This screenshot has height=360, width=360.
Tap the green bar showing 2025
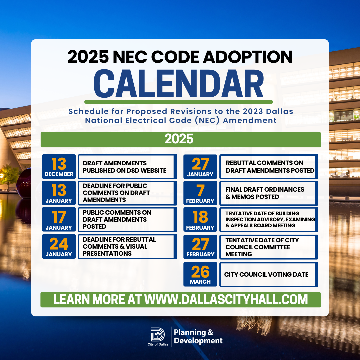coord(181,139)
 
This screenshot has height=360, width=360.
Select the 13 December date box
coord(59,166)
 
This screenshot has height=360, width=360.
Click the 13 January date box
coord(59,193)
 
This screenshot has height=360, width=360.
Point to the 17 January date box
coord(59,219)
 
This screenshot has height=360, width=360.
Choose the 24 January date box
coord(59,246)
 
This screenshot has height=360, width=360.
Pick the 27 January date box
coord(200,166)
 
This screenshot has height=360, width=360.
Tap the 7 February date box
coord(200,193)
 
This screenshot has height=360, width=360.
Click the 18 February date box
coord(200,219)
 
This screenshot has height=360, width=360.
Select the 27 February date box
coord(200,247)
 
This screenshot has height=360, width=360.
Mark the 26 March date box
coord(200,274)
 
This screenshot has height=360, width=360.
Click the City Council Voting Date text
coord(266,274)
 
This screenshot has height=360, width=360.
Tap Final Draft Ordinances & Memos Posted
coord(265,193)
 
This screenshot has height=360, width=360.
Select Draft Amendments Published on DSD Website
coord(125,167)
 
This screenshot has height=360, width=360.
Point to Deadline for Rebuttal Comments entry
coord(119,246)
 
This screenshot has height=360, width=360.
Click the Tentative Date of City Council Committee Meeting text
coord(262,247)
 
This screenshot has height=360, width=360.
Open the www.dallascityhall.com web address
coord(226,299)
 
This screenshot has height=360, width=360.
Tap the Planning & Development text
coord(198,336)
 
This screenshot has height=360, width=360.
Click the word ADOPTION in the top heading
coord(248,57)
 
